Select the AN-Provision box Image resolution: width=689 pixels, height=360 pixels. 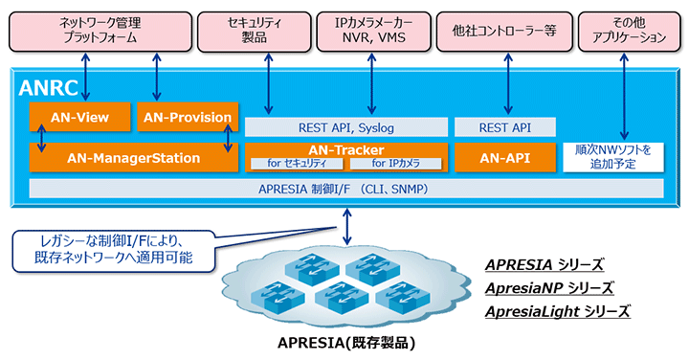[x=187, y=117]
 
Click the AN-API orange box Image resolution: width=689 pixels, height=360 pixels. [x=505, y=157]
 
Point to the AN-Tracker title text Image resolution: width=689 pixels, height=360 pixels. [x=345, y=149]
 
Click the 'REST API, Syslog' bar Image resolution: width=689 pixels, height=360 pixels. [x=345, y=126]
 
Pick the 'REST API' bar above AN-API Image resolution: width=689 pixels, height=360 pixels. [x=505, y=126]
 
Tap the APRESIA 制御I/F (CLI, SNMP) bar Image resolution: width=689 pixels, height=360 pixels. [x=345, y=189]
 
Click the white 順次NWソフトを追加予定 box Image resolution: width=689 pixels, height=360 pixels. [x=612, y=157]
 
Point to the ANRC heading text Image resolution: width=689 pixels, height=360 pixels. [x=50, y=88]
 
